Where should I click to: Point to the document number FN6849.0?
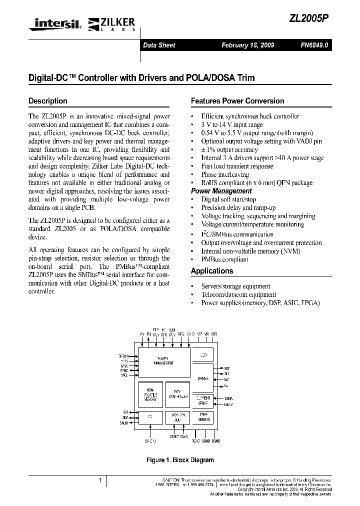[x=314, y=45]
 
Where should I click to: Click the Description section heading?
[x=48, y=100]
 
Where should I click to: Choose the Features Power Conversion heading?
[x=237, y=100]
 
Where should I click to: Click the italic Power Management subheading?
[x=221, y=191]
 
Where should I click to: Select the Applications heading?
[x=212, y=270]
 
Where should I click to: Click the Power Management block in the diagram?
[x=163, y=361]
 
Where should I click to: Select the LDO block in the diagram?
[x=203, y=355]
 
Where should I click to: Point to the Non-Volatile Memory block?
[x=150, y=394]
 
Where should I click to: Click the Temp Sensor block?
[x=203, y=417]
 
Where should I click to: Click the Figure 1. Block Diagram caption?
[x=179, y=460]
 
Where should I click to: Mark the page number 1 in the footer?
[x=100, y=481]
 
